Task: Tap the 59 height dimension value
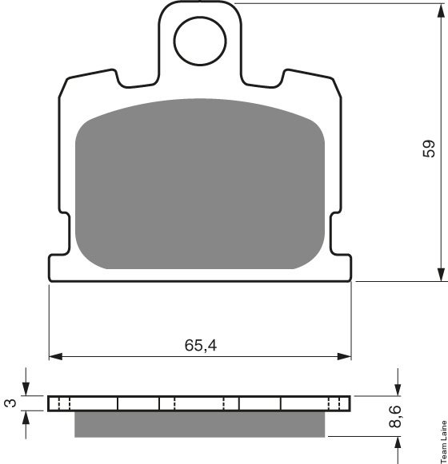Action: click(x=429, y=149)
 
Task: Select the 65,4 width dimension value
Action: click(x=201, y=345)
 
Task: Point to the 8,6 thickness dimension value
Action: click(x=395, y=417)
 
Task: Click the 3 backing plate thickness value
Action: click(x=11, y=403)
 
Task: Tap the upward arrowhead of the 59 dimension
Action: click(x=441, y=10)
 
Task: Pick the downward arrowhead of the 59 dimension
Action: click(x=441, y=274)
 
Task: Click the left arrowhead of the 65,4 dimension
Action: click(x=56, y=356)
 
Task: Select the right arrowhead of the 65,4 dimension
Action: click(x=344, y=356)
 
